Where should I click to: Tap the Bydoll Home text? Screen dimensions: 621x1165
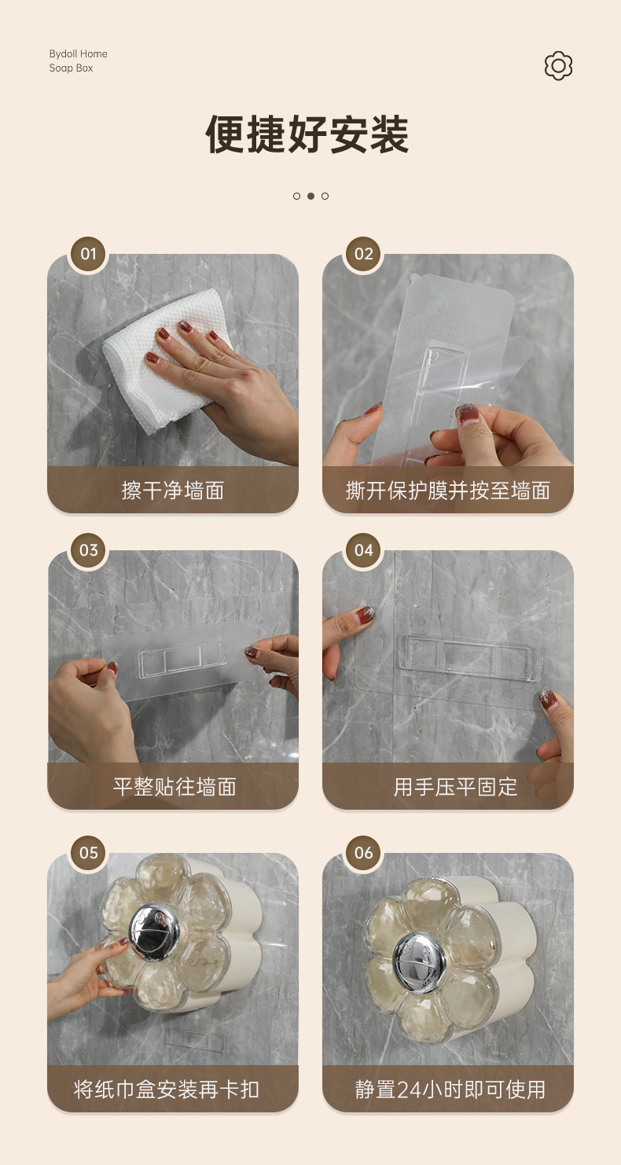(x=78, y=53)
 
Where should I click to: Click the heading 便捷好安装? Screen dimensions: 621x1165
(x=307, y=134)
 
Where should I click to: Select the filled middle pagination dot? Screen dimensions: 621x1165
(x=310, y=196)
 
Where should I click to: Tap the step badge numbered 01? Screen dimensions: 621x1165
(x=88, y=254)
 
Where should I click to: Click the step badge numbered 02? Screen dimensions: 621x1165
(x=363, y=254)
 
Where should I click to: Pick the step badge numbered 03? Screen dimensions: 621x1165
(x=88, y=550)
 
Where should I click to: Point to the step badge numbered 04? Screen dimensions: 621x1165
(x=363, y=550)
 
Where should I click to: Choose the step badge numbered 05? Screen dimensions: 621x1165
(x=88, y=853)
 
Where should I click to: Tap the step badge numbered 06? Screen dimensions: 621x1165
(x=363, y=853)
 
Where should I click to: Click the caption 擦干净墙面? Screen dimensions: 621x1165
(x=173, y=491)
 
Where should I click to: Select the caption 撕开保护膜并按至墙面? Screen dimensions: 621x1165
(x=448, y=491)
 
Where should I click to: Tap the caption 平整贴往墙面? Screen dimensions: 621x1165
(x=175, y=787)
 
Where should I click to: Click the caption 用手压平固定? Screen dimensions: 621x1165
(x=455, y=787)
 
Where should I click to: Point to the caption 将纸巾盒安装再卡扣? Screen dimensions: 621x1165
(x=167, y=1090)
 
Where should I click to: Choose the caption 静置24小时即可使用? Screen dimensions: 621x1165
(x=450, y=1090)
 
